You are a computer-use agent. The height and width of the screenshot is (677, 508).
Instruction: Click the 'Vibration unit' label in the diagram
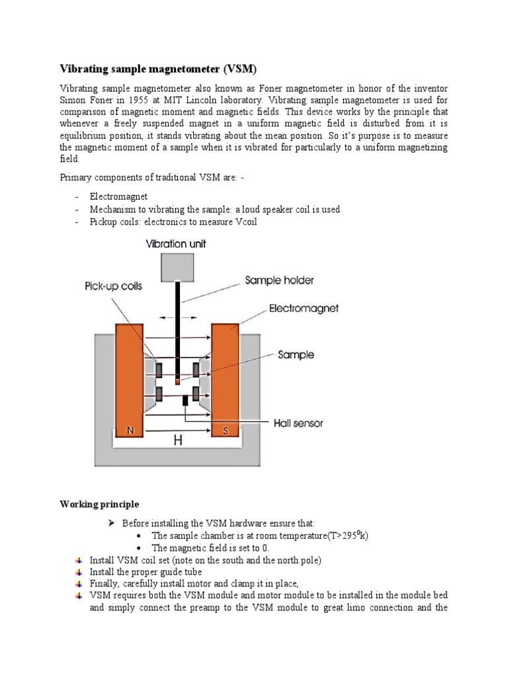click(x=175, y=244)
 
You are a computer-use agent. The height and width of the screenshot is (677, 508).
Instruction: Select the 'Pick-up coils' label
click(x=113, y=287)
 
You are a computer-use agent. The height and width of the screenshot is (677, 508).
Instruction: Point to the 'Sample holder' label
click(x=279, y=280)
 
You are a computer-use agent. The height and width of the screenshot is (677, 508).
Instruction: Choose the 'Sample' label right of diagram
click(x=296, y=355)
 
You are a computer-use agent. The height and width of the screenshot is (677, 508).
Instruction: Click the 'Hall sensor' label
click(x=298, y=423)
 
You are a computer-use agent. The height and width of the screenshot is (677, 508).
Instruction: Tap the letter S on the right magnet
click(x=225, y=431)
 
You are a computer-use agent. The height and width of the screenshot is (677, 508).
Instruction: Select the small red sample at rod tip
click(x=177, y=381)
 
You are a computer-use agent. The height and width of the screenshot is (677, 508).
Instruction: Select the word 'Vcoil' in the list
click(x=243, y=221)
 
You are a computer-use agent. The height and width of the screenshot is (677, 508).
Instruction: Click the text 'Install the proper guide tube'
click(x=146, y=572)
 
